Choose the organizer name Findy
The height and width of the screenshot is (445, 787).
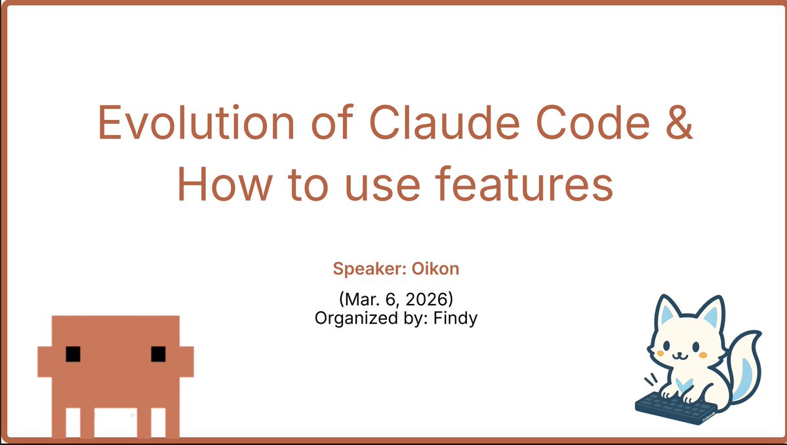[459, 319]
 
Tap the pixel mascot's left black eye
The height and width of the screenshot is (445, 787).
[73, 354]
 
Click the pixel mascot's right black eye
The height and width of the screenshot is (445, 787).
[158, 354]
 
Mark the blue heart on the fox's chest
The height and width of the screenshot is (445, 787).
[683, 383]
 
